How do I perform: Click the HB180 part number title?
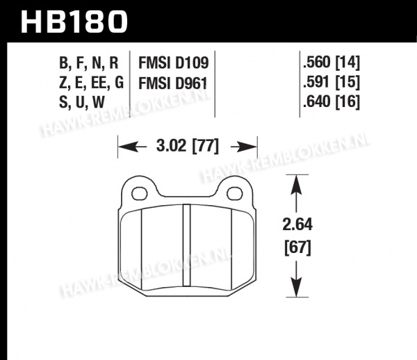click(74, 22)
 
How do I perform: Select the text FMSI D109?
click(173, 63)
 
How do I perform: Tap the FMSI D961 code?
click(173, 83)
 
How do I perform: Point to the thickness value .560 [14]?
click(331, 63)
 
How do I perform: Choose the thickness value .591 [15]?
click(331, 83)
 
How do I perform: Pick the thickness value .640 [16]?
click(331, 102)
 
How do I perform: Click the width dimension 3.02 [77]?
click(188, 146)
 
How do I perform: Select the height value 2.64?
click(297, 225)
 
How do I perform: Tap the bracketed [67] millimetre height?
click(297, 248)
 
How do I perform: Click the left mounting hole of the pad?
click(140, 193)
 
